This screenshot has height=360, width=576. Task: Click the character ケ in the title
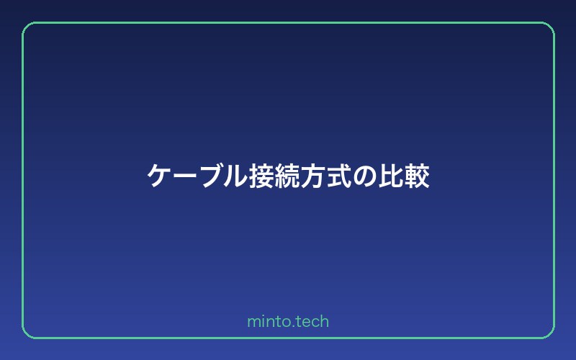tap(159, 176)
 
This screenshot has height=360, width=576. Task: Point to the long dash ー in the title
tap(185, 176)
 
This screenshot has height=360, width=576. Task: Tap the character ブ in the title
tap(211, 176)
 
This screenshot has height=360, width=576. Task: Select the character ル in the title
tap(237, 176)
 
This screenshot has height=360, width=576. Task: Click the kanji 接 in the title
tap(263, 176)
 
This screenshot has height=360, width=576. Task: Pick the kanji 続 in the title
tap(289, 176)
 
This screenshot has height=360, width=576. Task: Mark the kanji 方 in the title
tap(315, 176)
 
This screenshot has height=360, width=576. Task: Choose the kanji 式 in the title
tap(341, 176)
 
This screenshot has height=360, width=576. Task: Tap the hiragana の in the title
tap(366, 176)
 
